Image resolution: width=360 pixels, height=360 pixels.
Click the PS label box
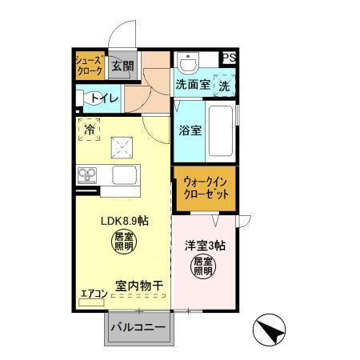230,58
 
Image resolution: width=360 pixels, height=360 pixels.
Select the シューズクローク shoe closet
89,66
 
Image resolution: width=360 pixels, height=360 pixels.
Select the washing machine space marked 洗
225,84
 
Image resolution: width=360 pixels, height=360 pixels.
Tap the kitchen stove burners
87,174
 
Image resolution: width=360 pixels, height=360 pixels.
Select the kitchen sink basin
126,174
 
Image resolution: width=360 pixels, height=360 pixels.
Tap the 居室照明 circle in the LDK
124,242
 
